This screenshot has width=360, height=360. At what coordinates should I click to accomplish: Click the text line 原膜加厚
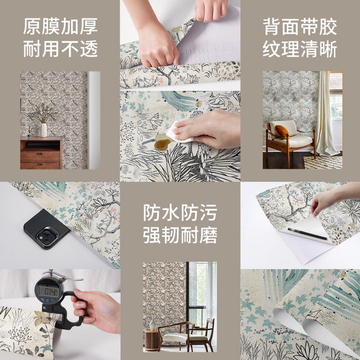click(x=60, y=26)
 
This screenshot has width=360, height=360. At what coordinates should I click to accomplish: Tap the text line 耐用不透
click(x=60, y=48)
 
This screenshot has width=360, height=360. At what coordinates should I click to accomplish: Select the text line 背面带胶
click(x=299, y=27)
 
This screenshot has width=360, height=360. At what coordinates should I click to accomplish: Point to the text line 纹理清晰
click(x=299, y=49)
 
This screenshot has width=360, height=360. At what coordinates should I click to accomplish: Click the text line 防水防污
click(x=180, y=212)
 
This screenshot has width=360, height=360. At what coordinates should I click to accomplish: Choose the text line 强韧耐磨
click(x=180, y=235)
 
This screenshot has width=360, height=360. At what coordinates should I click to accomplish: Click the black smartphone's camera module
click(x=47, y=236)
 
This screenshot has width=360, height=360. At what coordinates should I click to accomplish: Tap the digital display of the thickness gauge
click(x=48, y=291)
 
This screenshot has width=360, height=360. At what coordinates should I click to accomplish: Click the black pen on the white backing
click(x=307, y=233)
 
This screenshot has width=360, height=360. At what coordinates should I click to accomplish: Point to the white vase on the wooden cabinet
click(x=43, y=130)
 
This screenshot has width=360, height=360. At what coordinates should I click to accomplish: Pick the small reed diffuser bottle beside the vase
click(x=29, y=134)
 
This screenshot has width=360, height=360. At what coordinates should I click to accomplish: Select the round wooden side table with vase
click(x=151, y=340)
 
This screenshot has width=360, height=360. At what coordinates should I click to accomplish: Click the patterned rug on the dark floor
click(x=323, y=162)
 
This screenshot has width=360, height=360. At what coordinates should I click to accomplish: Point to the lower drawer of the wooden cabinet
click(x=40, y=166)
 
